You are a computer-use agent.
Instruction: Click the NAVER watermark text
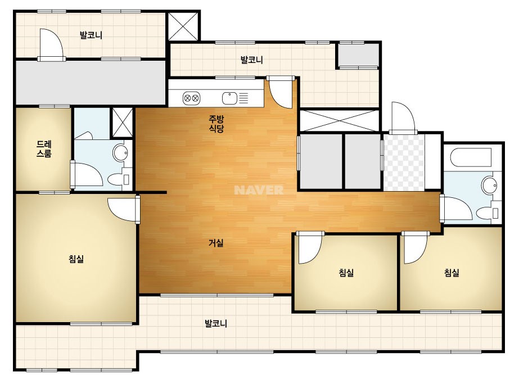[259, 190]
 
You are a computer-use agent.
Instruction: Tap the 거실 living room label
[216, 243]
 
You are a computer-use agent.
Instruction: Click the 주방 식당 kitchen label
[216, 124]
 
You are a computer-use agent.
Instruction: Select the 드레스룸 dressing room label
[44, 149]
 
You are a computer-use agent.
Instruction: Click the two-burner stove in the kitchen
[191, 98]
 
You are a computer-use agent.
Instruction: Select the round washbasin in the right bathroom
[489, 185]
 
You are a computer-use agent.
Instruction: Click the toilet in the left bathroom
[119, 179]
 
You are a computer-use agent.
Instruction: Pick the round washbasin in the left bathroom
[120, 153]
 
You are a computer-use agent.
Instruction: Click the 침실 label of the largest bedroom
[76, 259]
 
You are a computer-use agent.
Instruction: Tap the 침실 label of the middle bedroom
[346, 273]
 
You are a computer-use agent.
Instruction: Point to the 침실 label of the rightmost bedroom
[452, 273]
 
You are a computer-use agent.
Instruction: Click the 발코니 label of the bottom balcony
[216, 323]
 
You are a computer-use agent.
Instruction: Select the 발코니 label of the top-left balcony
[91, 35]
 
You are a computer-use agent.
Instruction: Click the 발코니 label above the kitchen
[251, 60]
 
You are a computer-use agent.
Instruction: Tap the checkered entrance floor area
[404, 162]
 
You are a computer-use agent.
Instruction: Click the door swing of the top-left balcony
[51, 43]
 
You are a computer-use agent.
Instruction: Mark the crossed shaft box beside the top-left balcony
[183, 26]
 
